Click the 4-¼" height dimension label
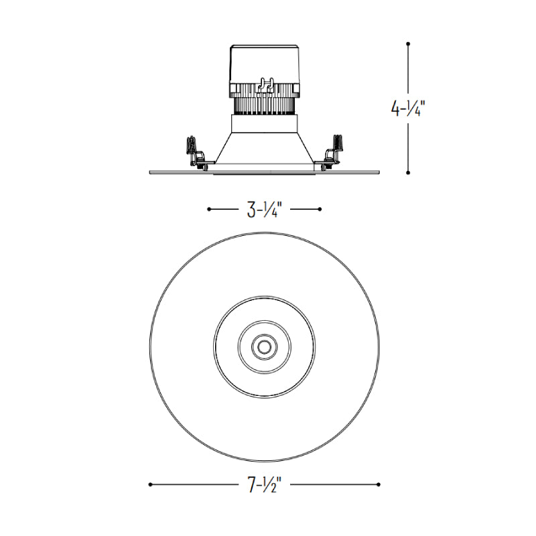tap(408, 109)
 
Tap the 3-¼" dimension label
tap(264, 210)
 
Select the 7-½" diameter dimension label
tap(264, 484)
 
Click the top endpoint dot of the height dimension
tap(408, 44)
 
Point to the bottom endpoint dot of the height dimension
tap(408, 173)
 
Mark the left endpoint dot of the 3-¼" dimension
tap(209, 209)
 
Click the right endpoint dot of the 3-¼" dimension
tap(320, 209)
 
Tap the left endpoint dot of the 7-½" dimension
tap(150, 484)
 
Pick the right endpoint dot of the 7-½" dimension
tap(378, 484)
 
